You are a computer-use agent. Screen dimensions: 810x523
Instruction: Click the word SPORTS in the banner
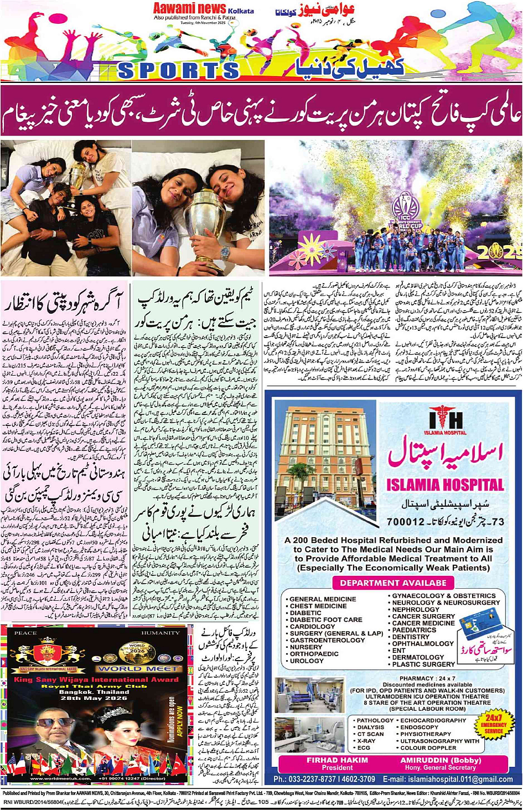(178, 70)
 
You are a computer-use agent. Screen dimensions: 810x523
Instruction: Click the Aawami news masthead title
(189, 8)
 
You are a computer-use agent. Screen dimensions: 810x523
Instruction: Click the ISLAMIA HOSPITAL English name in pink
(445, 485)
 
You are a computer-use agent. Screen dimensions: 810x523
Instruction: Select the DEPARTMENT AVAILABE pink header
(393, 583)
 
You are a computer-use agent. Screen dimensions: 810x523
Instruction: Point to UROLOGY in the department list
(307, 661)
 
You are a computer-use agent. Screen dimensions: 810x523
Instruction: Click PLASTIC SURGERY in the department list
(423, 664)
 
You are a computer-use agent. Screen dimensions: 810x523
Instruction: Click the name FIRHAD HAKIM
(337, 760)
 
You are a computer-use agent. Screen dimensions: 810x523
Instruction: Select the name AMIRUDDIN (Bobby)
(439, 760)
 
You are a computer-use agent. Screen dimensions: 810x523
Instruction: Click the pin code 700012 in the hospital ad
(406, 521)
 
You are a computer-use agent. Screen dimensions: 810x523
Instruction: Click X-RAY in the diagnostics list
(366, 741)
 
